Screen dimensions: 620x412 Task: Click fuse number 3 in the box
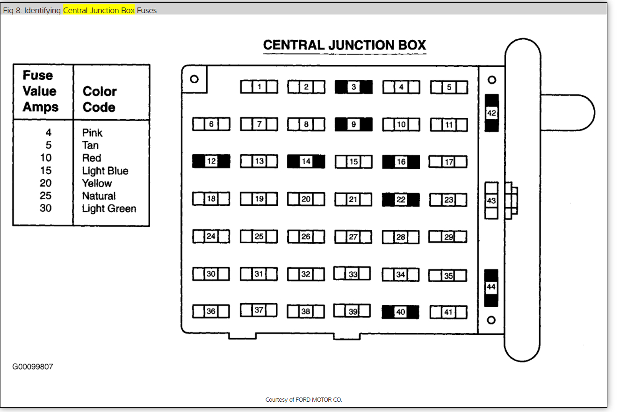353,87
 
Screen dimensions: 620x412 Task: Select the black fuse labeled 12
211,161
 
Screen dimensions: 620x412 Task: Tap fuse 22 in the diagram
401,200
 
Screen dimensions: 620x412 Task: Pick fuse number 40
400,312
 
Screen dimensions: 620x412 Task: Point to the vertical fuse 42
491,113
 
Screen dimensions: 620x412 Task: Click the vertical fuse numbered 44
491,288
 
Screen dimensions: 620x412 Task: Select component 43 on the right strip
491,201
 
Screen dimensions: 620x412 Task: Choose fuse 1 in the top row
259,87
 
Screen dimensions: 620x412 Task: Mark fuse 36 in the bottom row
211,311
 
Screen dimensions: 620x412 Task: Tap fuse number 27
353,237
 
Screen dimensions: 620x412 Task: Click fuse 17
448,162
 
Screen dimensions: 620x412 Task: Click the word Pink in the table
92,133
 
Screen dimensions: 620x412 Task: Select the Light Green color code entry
109,209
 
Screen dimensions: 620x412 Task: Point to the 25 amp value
45,196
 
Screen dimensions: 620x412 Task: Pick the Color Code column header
100,99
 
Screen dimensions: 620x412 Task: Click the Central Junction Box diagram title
345,45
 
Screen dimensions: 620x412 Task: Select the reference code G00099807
33,367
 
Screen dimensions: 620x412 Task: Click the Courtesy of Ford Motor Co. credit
304,400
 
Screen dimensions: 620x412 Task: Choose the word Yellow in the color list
97,183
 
